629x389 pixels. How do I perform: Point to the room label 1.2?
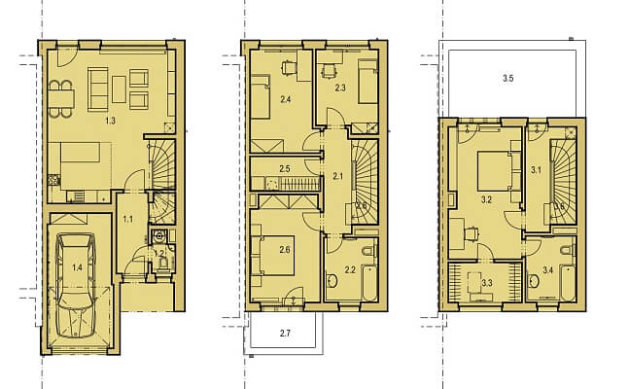click(157, 254)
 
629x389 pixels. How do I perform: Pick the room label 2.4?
click(285, 99)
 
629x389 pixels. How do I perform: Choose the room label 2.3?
click(340, 88)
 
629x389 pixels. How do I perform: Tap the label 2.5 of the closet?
click(285, 170)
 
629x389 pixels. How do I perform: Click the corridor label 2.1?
click(337, 176)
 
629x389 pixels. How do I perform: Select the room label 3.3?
click(487, 282)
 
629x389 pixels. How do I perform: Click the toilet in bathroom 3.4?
click(538, 282)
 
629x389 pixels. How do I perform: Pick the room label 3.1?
click(536, 169)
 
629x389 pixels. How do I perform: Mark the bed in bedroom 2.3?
click(367, 81)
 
